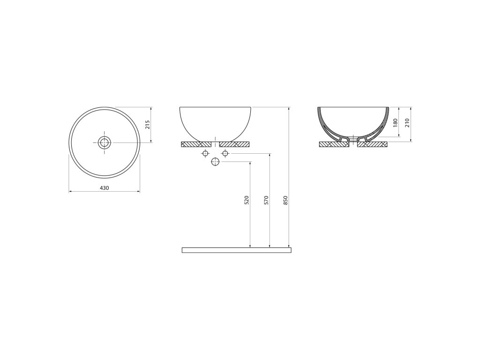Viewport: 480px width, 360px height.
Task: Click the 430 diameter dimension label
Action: point(105,188)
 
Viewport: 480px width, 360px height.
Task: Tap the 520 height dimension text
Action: point(247,200)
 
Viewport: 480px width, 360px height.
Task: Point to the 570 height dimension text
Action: point(266,200)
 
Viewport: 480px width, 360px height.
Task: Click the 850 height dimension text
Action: point(285,200)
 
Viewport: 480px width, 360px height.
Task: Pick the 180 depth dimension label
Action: point(395,123)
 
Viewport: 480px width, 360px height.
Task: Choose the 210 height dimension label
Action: point(407,123)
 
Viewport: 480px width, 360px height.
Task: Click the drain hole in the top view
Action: point(105,142)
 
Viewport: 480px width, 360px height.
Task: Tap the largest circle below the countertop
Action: point(216,162)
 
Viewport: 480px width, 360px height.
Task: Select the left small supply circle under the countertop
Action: point(205,153)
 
